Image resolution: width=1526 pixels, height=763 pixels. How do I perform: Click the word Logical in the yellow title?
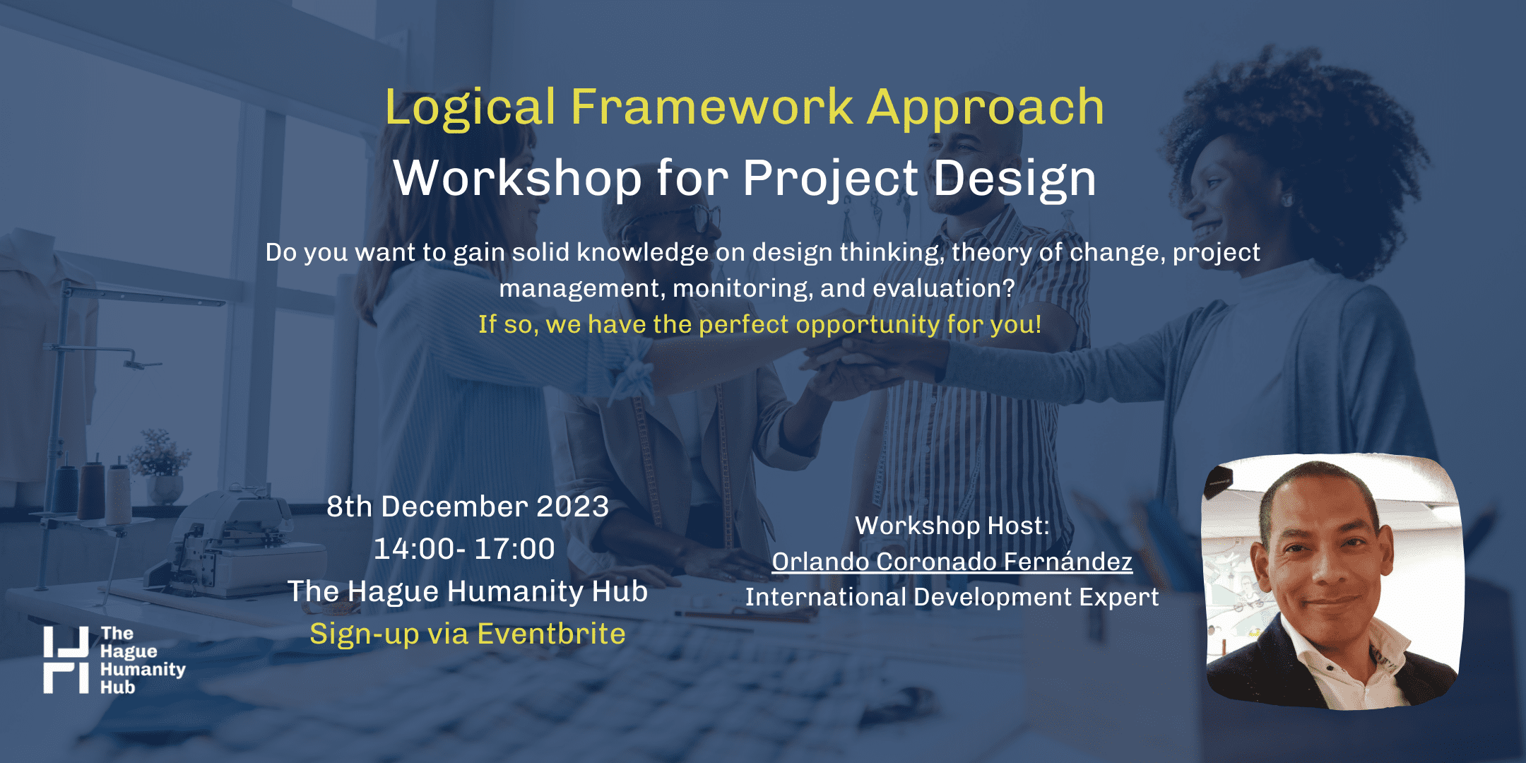(x=471, y=108)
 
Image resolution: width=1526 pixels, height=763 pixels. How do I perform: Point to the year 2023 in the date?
(x=572, y=507)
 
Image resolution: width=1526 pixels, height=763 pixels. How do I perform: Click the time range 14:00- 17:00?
(x=464, y=549)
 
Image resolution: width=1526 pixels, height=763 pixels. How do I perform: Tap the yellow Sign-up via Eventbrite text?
(x=468, y=634)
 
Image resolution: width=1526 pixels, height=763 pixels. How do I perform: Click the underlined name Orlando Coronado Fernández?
(x=952, y=561)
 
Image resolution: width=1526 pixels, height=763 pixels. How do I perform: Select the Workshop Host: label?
(x=952, y=526)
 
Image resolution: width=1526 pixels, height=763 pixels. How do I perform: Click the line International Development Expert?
(x=952, y=597)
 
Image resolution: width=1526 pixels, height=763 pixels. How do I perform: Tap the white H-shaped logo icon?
(x=66, y=660)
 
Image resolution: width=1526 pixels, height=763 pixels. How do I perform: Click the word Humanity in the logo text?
(x=143, y=670)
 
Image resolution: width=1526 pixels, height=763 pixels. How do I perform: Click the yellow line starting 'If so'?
(x=760, y=324)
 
